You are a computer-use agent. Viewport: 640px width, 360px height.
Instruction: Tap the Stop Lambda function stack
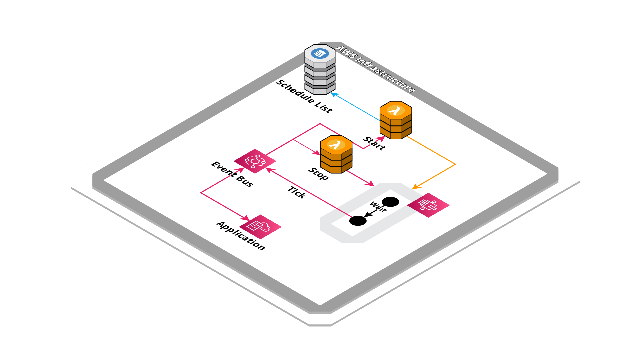click(x=336, y=155)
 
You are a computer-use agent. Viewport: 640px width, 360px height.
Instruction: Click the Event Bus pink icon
click(x=255, y=161)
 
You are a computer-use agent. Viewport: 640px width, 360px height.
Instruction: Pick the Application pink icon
click(x=260, y=227)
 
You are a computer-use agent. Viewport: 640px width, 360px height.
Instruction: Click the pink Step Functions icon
click(x=428, y=205)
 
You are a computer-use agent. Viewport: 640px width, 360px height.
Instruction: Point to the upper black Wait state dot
click(x=390, y=202)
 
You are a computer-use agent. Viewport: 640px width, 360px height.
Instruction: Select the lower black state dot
click(x=358, y=221)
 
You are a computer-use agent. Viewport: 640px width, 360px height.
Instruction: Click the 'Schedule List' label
click(x=304, y=96)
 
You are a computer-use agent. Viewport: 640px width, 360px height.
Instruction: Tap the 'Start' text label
click(x=374, y=143)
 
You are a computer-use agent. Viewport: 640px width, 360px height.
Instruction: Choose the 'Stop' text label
click(x=319, y=173)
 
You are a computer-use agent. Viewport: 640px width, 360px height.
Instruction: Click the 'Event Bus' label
click(x=232, y=174)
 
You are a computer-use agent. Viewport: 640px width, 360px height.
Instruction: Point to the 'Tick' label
click(x=297, y=192)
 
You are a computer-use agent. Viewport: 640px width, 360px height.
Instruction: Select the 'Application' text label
click(x=241, y=235)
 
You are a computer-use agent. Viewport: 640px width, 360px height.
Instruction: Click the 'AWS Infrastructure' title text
click(x=376, y=69)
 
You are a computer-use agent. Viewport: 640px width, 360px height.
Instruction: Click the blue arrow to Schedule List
click(x=355, y=107)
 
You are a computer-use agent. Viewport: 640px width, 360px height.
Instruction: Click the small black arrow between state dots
click(x=369, y=213)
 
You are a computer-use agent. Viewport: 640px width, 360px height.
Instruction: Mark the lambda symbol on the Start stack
click(x=395, y=110)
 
